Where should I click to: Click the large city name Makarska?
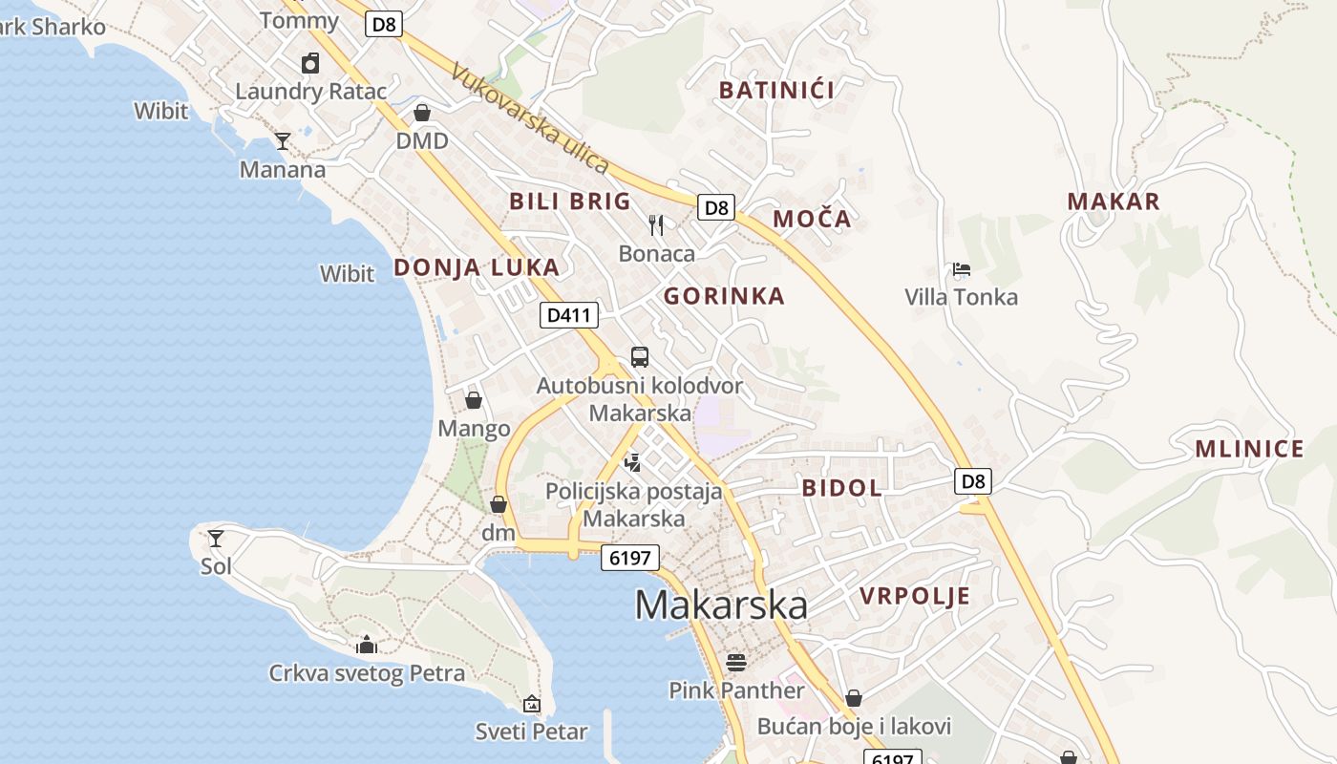(721, 605)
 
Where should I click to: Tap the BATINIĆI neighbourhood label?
(776, 91)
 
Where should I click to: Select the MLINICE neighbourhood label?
(1249, 449)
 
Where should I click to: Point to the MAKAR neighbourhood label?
(1114, 202)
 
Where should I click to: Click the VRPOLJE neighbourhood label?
(915, 597)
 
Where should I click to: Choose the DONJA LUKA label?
(477, 267)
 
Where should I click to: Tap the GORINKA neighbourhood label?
(724, 296)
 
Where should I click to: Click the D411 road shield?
(569, 315)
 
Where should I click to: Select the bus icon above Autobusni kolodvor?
(640, 357)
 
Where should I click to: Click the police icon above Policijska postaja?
(631, 463)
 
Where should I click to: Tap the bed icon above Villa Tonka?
(962, 269)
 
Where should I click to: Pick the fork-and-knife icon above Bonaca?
(656, 225)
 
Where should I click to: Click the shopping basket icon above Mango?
(474, 400)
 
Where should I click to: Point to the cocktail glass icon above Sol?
(216, 538)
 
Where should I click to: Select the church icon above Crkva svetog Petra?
(367, 646)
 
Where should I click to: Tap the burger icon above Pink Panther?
(735, 661)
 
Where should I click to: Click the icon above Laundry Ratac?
(310, 63)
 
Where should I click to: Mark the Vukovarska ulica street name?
(530, 119)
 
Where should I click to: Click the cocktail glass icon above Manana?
(283, 141)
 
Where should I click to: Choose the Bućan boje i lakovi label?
(854, 727)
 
